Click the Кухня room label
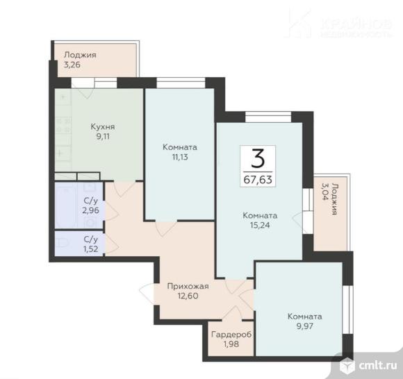point(103,126)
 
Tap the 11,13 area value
point(180,157)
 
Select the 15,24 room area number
point(260,225)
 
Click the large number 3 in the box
point(258,158)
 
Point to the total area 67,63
point(258,180)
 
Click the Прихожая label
point(188,286)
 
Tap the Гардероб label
point(231,335)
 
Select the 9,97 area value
point(304,326)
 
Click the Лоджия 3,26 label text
point(80,60)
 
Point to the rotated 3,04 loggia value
point(325,192)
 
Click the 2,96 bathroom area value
point(90,210)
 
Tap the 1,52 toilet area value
point(91,249)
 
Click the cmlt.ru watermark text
point(377,366)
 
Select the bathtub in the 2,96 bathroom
point(65,205)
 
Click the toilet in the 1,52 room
point(63,243)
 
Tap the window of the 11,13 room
point(181,83)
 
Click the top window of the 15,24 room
point(268,117)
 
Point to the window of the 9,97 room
point(348,310)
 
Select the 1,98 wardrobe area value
point(231,344)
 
